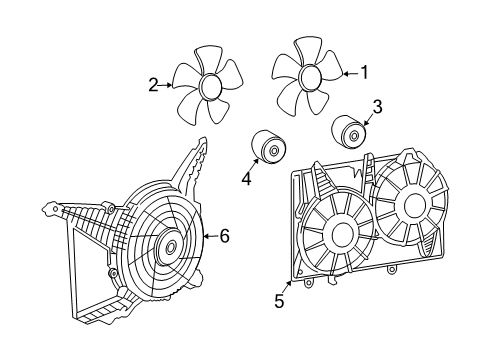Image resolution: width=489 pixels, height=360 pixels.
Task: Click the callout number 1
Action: pos(364,72)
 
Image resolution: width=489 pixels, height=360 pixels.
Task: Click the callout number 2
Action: pos(153,86)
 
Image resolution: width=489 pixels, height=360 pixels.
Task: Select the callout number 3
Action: pos(377,107)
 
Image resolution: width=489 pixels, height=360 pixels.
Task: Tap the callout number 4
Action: pos(245,179)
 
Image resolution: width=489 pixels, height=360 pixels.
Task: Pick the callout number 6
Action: pos(225,236)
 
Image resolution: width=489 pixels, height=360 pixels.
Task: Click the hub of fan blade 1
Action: pos(309,77)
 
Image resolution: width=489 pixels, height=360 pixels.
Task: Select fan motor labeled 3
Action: pos(346,130)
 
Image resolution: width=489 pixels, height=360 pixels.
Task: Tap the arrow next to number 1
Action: pos(347,73)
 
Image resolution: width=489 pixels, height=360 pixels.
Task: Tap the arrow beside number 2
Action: pos(167,86)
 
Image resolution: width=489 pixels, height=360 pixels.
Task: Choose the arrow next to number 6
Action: pos(209,237)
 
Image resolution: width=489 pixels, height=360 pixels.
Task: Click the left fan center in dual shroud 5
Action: pos(339,236)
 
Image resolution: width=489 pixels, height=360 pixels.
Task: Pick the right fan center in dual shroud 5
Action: pos(410,204)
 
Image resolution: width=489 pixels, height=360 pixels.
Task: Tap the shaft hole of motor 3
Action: pos(354,132)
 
